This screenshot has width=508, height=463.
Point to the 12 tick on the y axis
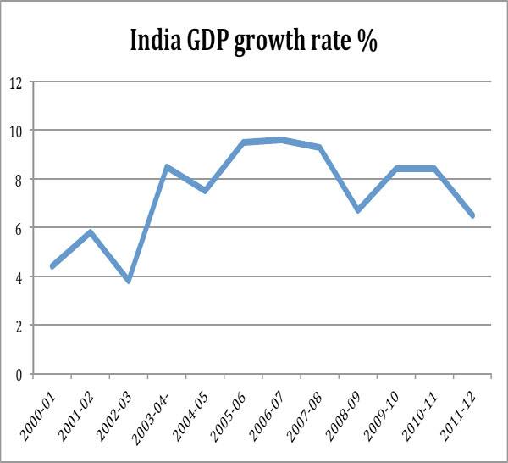14,82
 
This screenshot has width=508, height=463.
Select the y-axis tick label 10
14,131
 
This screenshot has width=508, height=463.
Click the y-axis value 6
16,228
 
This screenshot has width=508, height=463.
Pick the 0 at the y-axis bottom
16,374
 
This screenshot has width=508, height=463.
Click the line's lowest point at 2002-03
128,281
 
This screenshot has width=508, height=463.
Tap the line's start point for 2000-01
52,266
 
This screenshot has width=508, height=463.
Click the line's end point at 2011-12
472,215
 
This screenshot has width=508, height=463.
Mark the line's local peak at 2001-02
90,232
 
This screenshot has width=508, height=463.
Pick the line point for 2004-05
205,191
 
